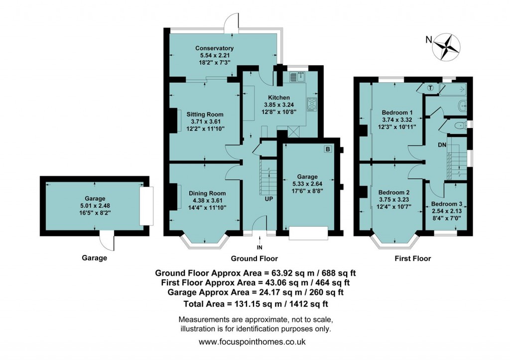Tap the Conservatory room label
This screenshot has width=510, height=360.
(x=214, y=48)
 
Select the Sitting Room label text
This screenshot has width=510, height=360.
(x=198, y=114)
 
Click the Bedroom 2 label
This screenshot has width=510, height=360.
(x=393, y=193)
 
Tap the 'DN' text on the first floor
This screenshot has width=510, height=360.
(x=442, y=145)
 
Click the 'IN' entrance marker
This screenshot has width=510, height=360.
(x=259, y=247)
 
